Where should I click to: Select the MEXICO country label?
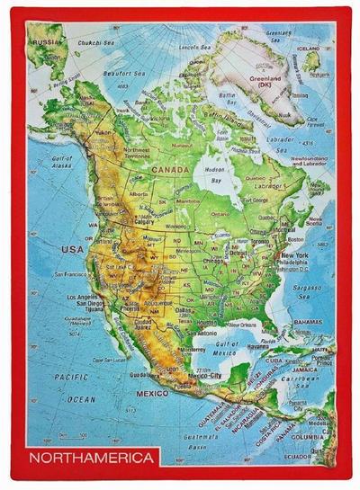(153, 394)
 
